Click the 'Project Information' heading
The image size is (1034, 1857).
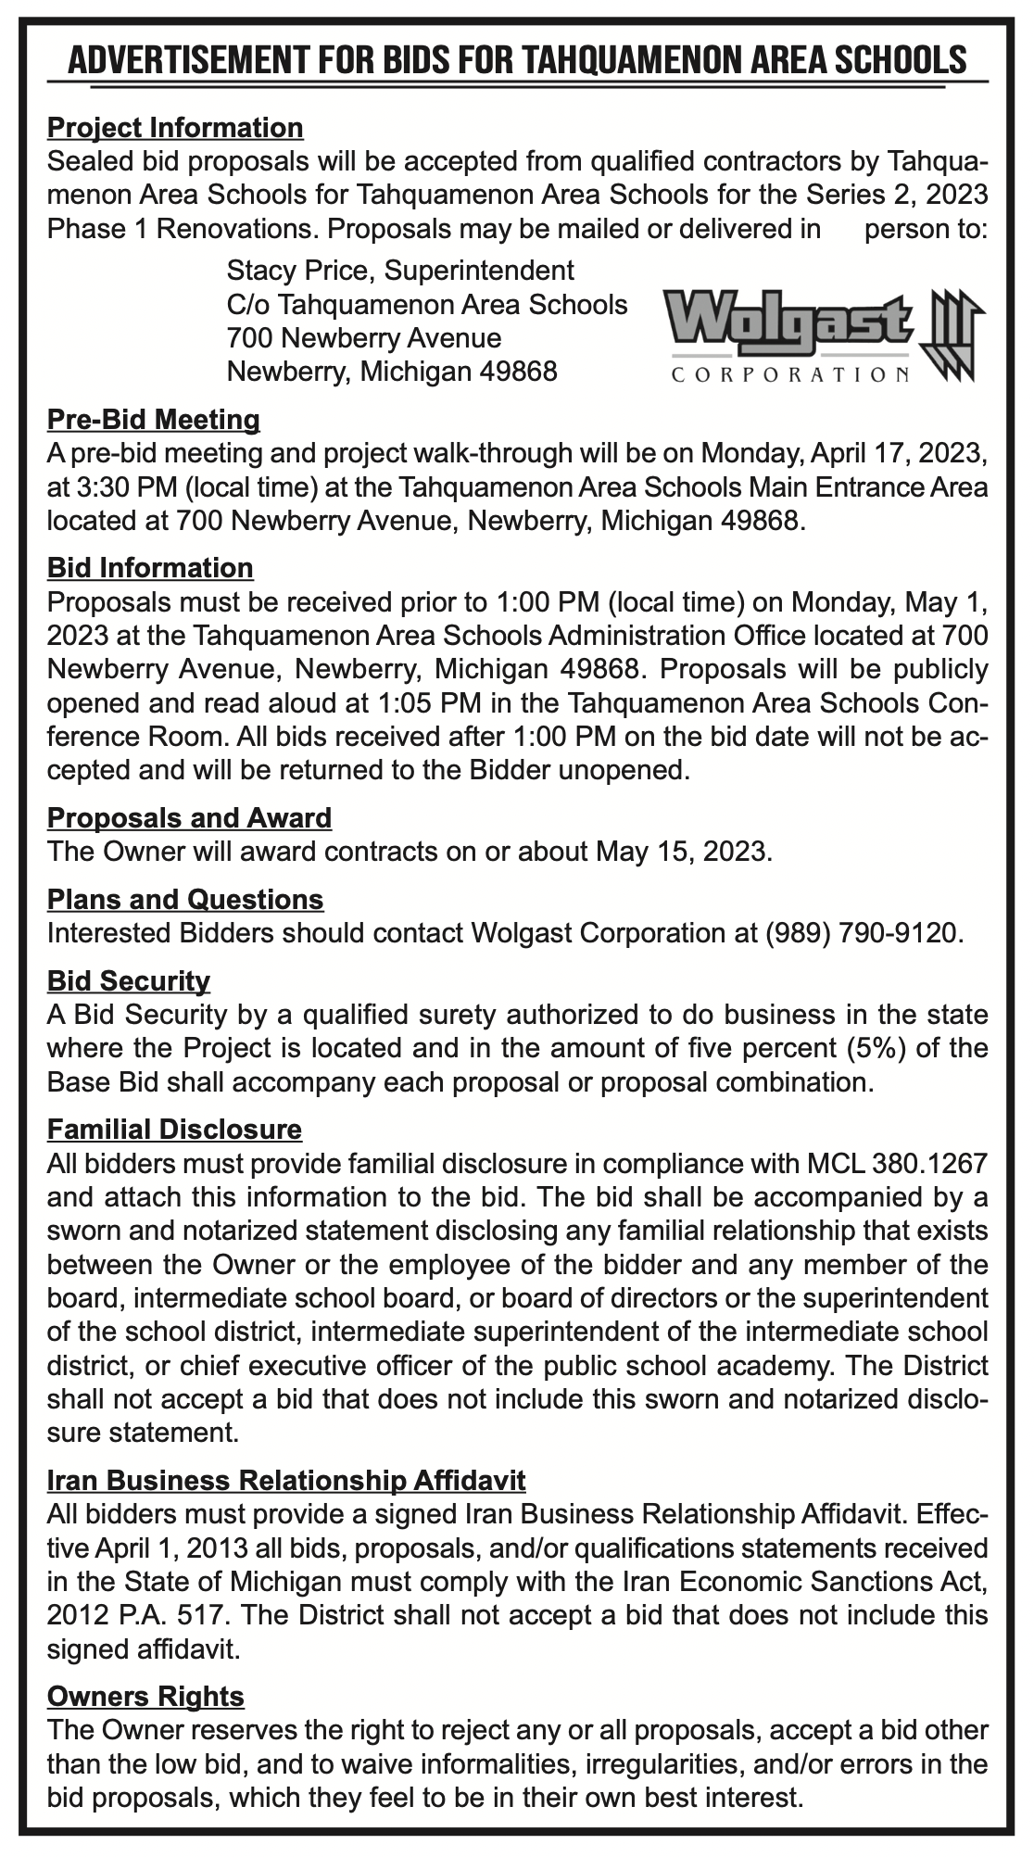click(x=175, y=127)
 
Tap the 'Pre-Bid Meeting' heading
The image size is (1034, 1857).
click(x=154, y=420)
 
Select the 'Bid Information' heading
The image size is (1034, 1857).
click(x=150, y=567)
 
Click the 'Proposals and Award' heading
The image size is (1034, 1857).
click(x=189, y=817)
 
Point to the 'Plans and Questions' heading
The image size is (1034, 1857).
click(x=185, y=899)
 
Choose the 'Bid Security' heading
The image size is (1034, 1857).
click(x=129, y=980)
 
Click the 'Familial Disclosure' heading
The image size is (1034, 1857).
click(x=174, y=1130)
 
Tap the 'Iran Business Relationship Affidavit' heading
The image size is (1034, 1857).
click(x=286, y=1480)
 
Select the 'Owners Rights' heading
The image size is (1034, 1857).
click(x=145, y=1697)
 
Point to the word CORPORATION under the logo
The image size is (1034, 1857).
click(x=788, y=375)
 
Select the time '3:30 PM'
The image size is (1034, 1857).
click(x=101, y=487)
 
